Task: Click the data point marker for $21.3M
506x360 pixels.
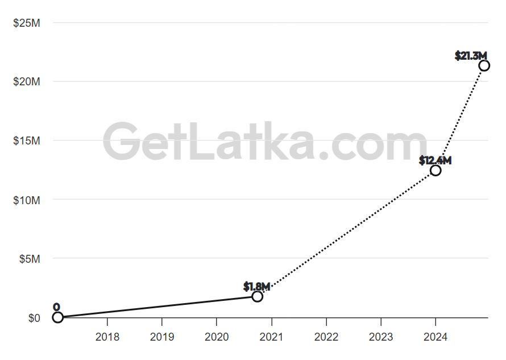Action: click(x=484, y=65)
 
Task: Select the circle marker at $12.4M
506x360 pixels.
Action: click(x=436, y=170)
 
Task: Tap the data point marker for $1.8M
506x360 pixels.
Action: click(x=258, y=296)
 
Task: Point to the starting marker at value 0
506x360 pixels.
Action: click(x=57, y=317)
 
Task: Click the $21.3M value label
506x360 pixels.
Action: click(x=471, y=56)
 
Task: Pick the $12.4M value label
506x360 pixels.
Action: click(x=435, y=161)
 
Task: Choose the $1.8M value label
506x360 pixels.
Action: click(x=256, y=286)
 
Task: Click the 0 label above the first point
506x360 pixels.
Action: click(x=56, y=308)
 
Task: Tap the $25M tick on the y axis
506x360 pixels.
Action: click(x=27, y=23)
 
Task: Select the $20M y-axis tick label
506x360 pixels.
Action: click(x=27, y=82)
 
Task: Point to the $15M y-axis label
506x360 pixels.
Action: click(x=27, y=140)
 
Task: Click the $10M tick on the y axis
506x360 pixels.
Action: click(x=27, y=200)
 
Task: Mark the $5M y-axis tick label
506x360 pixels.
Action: click(x=29, y=259)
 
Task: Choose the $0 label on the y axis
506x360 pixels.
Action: click(x=34, y=318)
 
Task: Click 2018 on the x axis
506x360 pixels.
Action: click(x=107, y=337)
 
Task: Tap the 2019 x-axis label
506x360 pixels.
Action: click(x=162, y=337)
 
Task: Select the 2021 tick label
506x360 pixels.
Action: click(x=271, y=337)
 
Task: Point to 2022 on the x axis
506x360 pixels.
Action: click(x=326, y=337)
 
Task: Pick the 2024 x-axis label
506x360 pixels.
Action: click(x=435, y=337)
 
